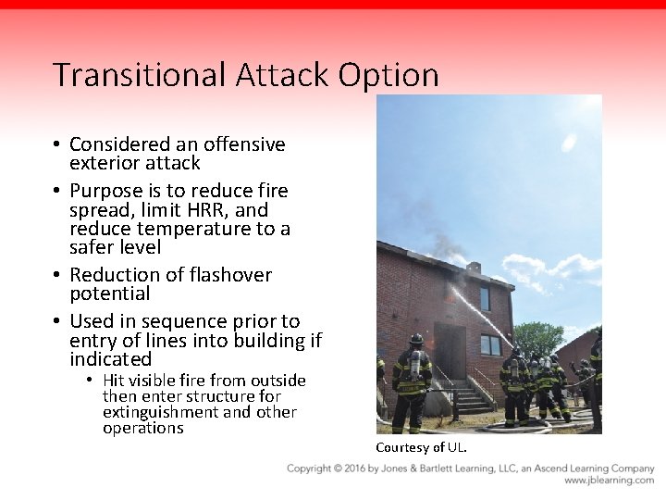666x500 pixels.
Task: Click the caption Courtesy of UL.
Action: (x=421, y=448)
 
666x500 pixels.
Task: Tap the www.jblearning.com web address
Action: (x=609, y=481)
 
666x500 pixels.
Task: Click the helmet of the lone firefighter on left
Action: (x=415, y=340)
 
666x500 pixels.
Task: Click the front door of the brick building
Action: (x=450, y=350)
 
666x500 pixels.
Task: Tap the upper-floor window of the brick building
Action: (x=485, y=298)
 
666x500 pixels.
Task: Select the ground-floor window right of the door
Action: (x=490, y=345)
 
